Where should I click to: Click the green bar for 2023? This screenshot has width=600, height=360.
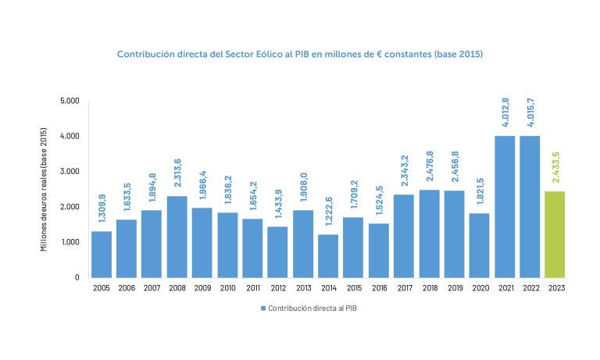(x=555, y=234)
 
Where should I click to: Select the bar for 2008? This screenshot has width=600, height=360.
(x=177, y=237)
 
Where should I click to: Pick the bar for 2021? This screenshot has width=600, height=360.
(x=504, y=206)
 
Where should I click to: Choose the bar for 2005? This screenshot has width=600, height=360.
(x=101, y=254)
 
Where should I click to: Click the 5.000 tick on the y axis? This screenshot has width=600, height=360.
(x=70, y=101)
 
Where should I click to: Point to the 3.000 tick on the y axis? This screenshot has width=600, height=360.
(x=70, y=171)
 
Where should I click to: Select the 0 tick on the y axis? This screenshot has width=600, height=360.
(x=77, y=277)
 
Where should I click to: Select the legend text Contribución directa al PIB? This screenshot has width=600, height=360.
(x=312, y=308)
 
